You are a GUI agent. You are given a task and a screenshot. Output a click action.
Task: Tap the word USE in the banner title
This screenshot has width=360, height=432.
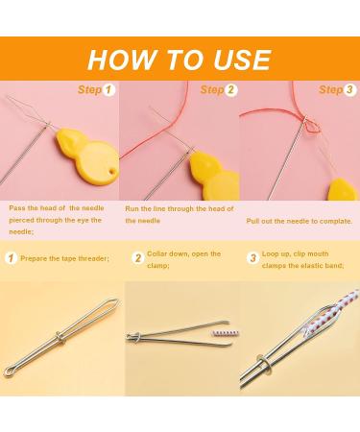click(x=242, y=60)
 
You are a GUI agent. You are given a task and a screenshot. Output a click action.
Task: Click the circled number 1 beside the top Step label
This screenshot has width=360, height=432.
click(x=108, y=90)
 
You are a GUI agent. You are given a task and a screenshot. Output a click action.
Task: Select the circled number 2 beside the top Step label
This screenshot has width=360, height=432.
click(x=230, y=90)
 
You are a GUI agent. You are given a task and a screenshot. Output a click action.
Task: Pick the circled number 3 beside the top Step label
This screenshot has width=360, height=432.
click(x=349, y=90)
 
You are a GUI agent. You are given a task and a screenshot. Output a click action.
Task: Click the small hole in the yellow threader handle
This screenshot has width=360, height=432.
click(x=111, y=172)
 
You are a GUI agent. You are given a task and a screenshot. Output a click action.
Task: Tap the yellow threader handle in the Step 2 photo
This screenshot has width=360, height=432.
click(x=214, y=176)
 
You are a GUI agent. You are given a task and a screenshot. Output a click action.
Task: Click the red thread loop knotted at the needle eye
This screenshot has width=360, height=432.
click(x=311, y=126)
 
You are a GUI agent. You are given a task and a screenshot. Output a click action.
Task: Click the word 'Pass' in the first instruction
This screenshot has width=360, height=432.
click(x=16, y=208)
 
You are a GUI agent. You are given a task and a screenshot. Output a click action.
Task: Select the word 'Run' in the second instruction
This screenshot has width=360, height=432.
click(x=132, y=209)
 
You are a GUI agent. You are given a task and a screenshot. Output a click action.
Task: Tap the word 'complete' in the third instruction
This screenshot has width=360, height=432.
click(x=335, y=221)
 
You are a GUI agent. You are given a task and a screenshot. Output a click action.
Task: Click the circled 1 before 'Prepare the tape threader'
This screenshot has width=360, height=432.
click(x=12, y=258)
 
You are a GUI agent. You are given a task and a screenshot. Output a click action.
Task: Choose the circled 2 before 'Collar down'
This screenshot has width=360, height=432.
click(x=138, y=258)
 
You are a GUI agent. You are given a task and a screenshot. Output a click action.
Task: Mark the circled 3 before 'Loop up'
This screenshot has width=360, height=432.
click(x=252, y=258)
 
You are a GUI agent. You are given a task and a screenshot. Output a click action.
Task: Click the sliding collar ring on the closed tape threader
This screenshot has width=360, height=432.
click(x=60, y=338)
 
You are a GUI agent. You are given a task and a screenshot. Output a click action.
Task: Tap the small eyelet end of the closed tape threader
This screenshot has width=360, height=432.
click(x=9, y=372)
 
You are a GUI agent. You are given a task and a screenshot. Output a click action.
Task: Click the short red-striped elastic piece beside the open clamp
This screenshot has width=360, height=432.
click(x=226, y=333)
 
